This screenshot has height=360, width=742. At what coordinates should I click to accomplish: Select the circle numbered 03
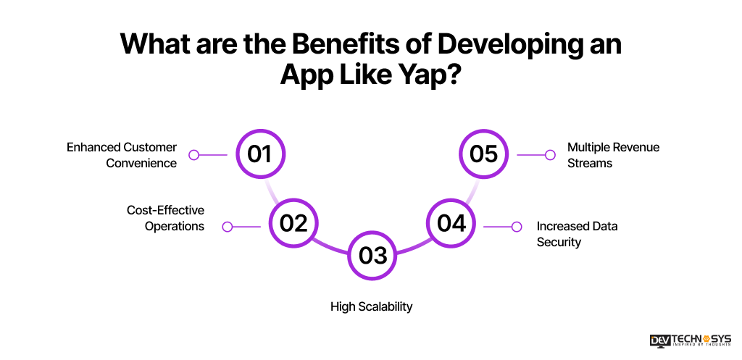click(372, 255)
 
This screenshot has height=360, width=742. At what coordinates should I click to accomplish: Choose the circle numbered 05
click(483, 154)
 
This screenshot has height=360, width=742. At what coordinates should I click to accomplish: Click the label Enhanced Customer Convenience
click(122, 155)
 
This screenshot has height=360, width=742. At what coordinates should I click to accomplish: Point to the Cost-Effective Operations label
click(165, 218)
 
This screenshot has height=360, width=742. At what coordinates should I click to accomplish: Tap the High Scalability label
click(371, 306)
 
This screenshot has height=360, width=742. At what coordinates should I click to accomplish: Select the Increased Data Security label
click(577, 234)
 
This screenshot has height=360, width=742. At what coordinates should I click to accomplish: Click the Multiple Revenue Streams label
click(613, 155)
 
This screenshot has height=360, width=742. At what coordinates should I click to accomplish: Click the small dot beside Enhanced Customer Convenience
click(193, 155)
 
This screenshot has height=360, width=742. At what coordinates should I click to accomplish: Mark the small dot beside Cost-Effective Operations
click(227, 227)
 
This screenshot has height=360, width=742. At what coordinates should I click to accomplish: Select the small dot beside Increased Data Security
click(517, 227)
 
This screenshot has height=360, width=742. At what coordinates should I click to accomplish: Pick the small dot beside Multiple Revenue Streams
click(551, 155)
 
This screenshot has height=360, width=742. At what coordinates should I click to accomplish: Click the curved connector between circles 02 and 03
click(330, 246)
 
